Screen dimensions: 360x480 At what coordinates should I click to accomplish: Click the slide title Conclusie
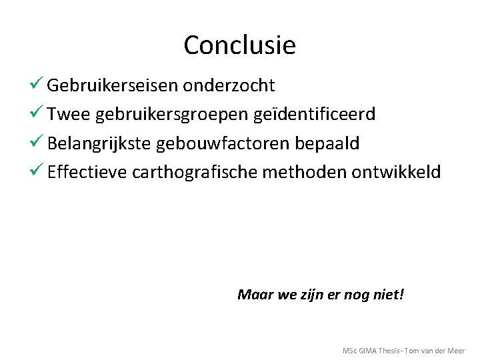pyautogui.click(x=239, y=45)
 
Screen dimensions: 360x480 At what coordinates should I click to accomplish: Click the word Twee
pyautogui.click(x=69, y=115)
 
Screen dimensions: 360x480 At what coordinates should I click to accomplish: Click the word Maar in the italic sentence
pyautogui.click(x=251, y=294)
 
